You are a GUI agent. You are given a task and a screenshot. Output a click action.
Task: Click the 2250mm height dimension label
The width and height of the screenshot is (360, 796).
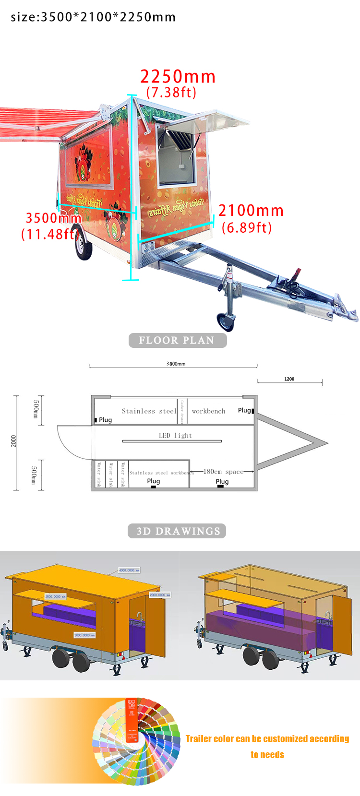click(x=178, y=77)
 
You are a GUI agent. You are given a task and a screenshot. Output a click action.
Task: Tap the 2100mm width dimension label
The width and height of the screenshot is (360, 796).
click(x=251, y=210)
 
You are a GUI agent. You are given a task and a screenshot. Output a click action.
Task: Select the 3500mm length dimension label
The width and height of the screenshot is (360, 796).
click(x=53, y=218)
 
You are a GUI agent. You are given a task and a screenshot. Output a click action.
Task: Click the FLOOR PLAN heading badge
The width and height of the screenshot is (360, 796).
click(x=177, y=340)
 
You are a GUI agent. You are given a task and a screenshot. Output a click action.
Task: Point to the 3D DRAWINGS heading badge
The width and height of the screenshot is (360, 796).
click(x=177, y=531)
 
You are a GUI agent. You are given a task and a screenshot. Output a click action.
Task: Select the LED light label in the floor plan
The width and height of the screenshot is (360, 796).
click(x=175, y=435)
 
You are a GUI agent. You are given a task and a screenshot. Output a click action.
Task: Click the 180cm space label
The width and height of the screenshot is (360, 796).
click(x=223, y=472)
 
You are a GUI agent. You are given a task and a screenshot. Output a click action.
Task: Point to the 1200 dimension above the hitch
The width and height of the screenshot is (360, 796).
click(x=289, y=379)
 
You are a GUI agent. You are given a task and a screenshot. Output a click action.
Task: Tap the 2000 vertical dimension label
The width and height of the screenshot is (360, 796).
click(x=13, y=441)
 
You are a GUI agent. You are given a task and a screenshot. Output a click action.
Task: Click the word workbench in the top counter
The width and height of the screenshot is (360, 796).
click(x=208, y=411)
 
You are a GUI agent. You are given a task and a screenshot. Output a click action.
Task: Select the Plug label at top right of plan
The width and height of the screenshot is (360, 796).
click(x=244, y=410)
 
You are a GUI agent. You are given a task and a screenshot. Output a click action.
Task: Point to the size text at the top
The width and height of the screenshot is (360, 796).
click(x=93, y=17)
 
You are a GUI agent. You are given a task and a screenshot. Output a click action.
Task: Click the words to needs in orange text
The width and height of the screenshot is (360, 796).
click(x=267, y=755)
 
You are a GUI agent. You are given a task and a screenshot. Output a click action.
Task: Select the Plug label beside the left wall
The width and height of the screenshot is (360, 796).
click(x=105, y=420)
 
